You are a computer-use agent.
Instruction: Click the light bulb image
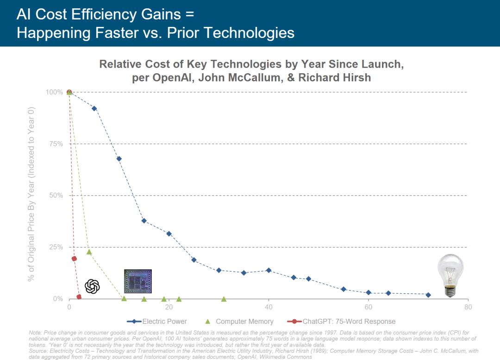450,275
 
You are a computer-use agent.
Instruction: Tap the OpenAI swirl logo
93,286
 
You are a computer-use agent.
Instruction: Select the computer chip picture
138,282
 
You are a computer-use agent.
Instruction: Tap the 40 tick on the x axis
269,308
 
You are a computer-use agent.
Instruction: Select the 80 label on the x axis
468,308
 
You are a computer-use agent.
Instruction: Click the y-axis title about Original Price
31,195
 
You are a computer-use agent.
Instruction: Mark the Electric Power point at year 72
428,295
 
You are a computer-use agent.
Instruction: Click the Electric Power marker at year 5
94,108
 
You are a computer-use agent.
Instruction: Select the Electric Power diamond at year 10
119,159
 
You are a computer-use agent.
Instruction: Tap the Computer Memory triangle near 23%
89,252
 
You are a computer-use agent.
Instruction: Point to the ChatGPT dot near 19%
74,259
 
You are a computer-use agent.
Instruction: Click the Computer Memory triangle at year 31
224,299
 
